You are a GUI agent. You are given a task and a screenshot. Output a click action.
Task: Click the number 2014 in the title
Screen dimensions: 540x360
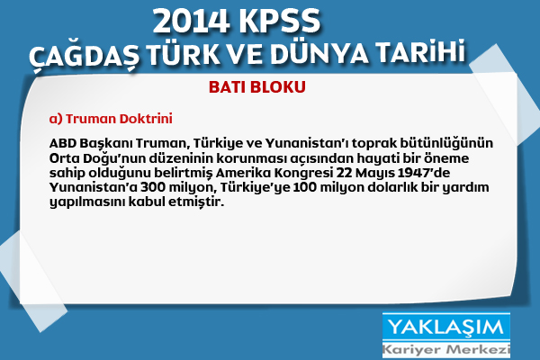[x=192, y=21]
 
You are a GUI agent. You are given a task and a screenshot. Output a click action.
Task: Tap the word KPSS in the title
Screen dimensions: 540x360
[x=280, y=21]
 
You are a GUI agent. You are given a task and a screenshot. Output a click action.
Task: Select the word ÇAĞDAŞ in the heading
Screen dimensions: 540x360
[x=85, y=54]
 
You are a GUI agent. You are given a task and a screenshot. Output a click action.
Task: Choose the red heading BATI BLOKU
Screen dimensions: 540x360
[x=257, y=87]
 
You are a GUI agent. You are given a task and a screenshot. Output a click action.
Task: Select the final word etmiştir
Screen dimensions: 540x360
[x=196, y=202]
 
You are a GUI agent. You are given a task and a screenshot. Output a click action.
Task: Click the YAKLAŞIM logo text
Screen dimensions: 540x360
[x=445, y=327]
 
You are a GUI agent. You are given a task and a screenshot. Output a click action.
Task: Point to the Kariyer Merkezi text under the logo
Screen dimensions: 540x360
[x=446, y=350]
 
